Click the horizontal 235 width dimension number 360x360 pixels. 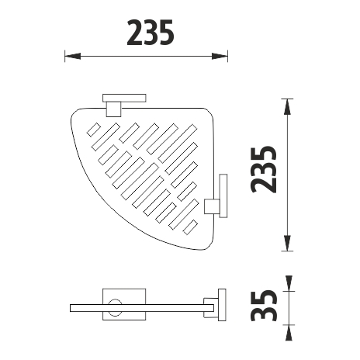click(x=151, y=33)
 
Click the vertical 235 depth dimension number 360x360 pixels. click(x=264, y=170)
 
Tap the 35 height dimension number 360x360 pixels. click(x=264, y=305)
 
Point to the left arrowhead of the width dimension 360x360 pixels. click(x=73, y=56)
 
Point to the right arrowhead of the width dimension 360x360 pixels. click(x=220, y=56)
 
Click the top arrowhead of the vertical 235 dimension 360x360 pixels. click(x=287, y=107)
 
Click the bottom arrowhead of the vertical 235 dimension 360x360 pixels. click(x=287, y=243)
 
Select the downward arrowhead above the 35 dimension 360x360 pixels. click(x=289, y=283)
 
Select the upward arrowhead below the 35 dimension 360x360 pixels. click(x=289, y=333)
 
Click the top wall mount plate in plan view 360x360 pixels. click(x=124, y=98)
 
